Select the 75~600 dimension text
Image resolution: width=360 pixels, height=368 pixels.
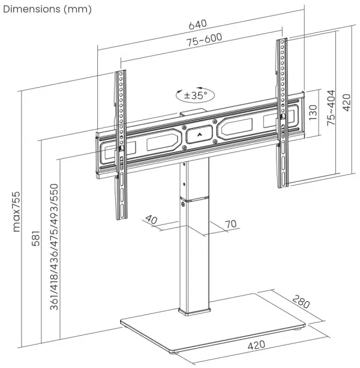[x=203, y=38]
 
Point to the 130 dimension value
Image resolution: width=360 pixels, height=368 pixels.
[x=313, y=112]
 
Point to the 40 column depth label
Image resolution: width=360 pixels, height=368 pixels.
[x=151, y=220]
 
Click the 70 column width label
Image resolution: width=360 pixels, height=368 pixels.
[x=230, y=225]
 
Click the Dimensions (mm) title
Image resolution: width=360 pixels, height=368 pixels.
[x=46, y=8]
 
